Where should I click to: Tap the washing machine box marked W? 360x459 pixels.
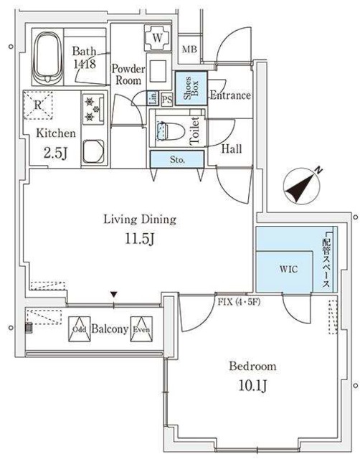157,36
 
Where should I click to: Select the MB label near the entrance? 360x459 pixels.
189,49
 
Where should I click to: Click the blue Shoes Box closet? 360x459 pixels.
191,90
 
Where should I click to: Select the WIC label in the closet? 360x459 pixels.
288,270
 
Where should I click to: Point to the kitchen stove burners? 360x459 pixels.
93,110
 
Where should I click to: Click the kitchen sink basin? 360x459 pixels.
93,151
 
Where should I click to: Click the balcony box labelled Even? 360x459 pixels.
141,329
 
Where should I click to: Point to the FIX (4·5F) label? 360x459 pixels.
238,301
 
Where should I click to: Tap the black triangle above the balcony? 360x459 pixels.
113,295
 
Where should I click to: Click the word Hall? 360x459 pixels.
231,149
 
